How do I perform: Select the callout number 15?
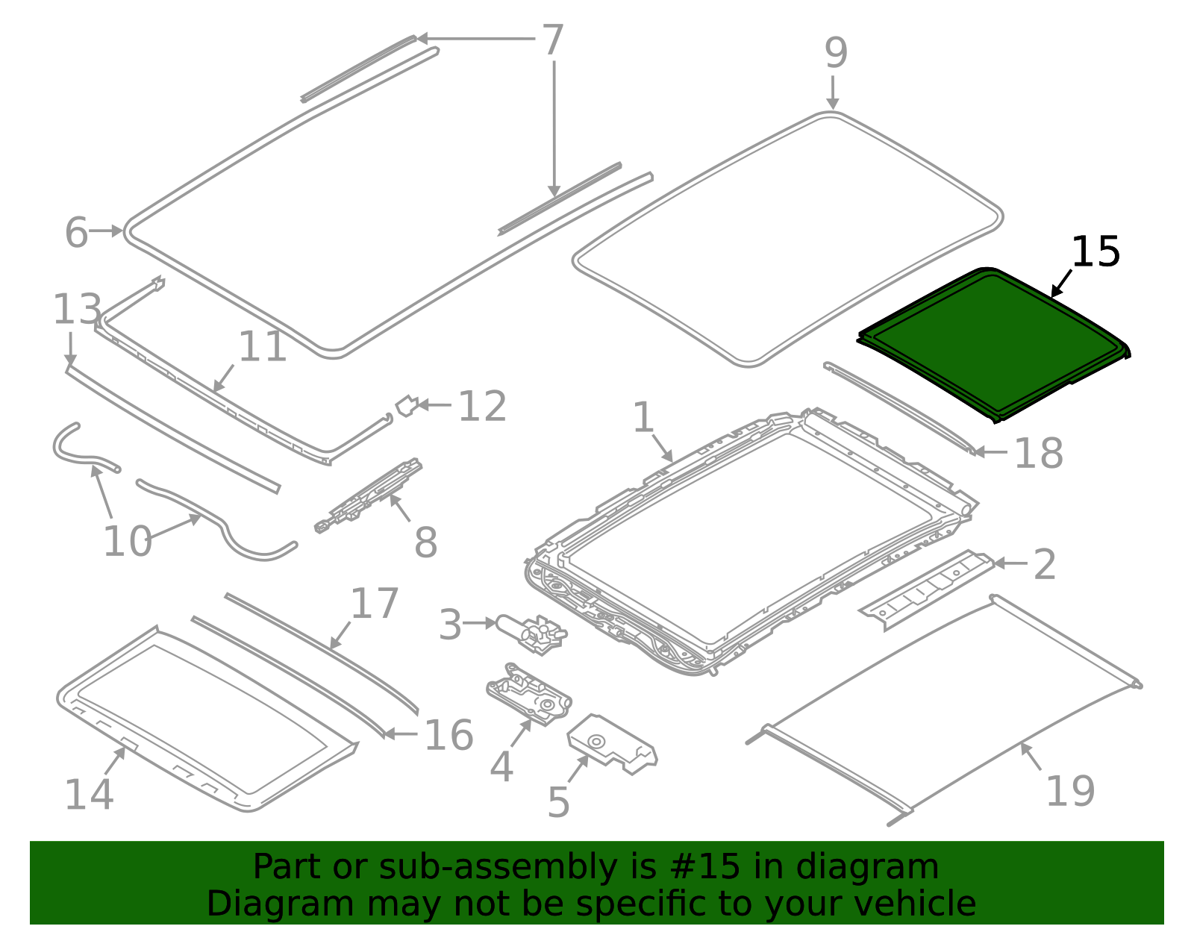tap(1095, 252)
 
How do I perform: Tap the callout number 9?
tap(836, 53)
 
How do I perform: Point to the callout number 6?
tap(76, 232)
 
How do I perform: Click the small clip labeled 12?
tap(407, 406)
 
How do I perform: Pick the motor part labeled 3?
tap(531, 634)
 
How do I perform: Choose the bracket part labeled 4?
tap(529, 694)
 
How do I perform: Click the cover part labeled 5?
tap(612, 744)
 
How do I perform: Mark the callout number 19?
tap(1070, 792)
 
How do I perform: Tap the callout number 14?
tap(89, 794)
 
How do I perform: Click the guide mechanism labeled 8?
tap(368, 496)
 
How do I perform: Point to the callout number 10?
tap(127, 541)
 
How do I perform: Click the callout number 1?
tap(643, 417)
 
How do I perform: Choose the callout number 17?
tap(374, 603)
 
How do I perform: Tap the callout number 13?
tap(77, 309)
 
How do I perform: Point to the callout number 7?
tap(553, 40)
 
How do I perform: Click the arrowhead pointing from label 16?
tap(389, 734)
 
